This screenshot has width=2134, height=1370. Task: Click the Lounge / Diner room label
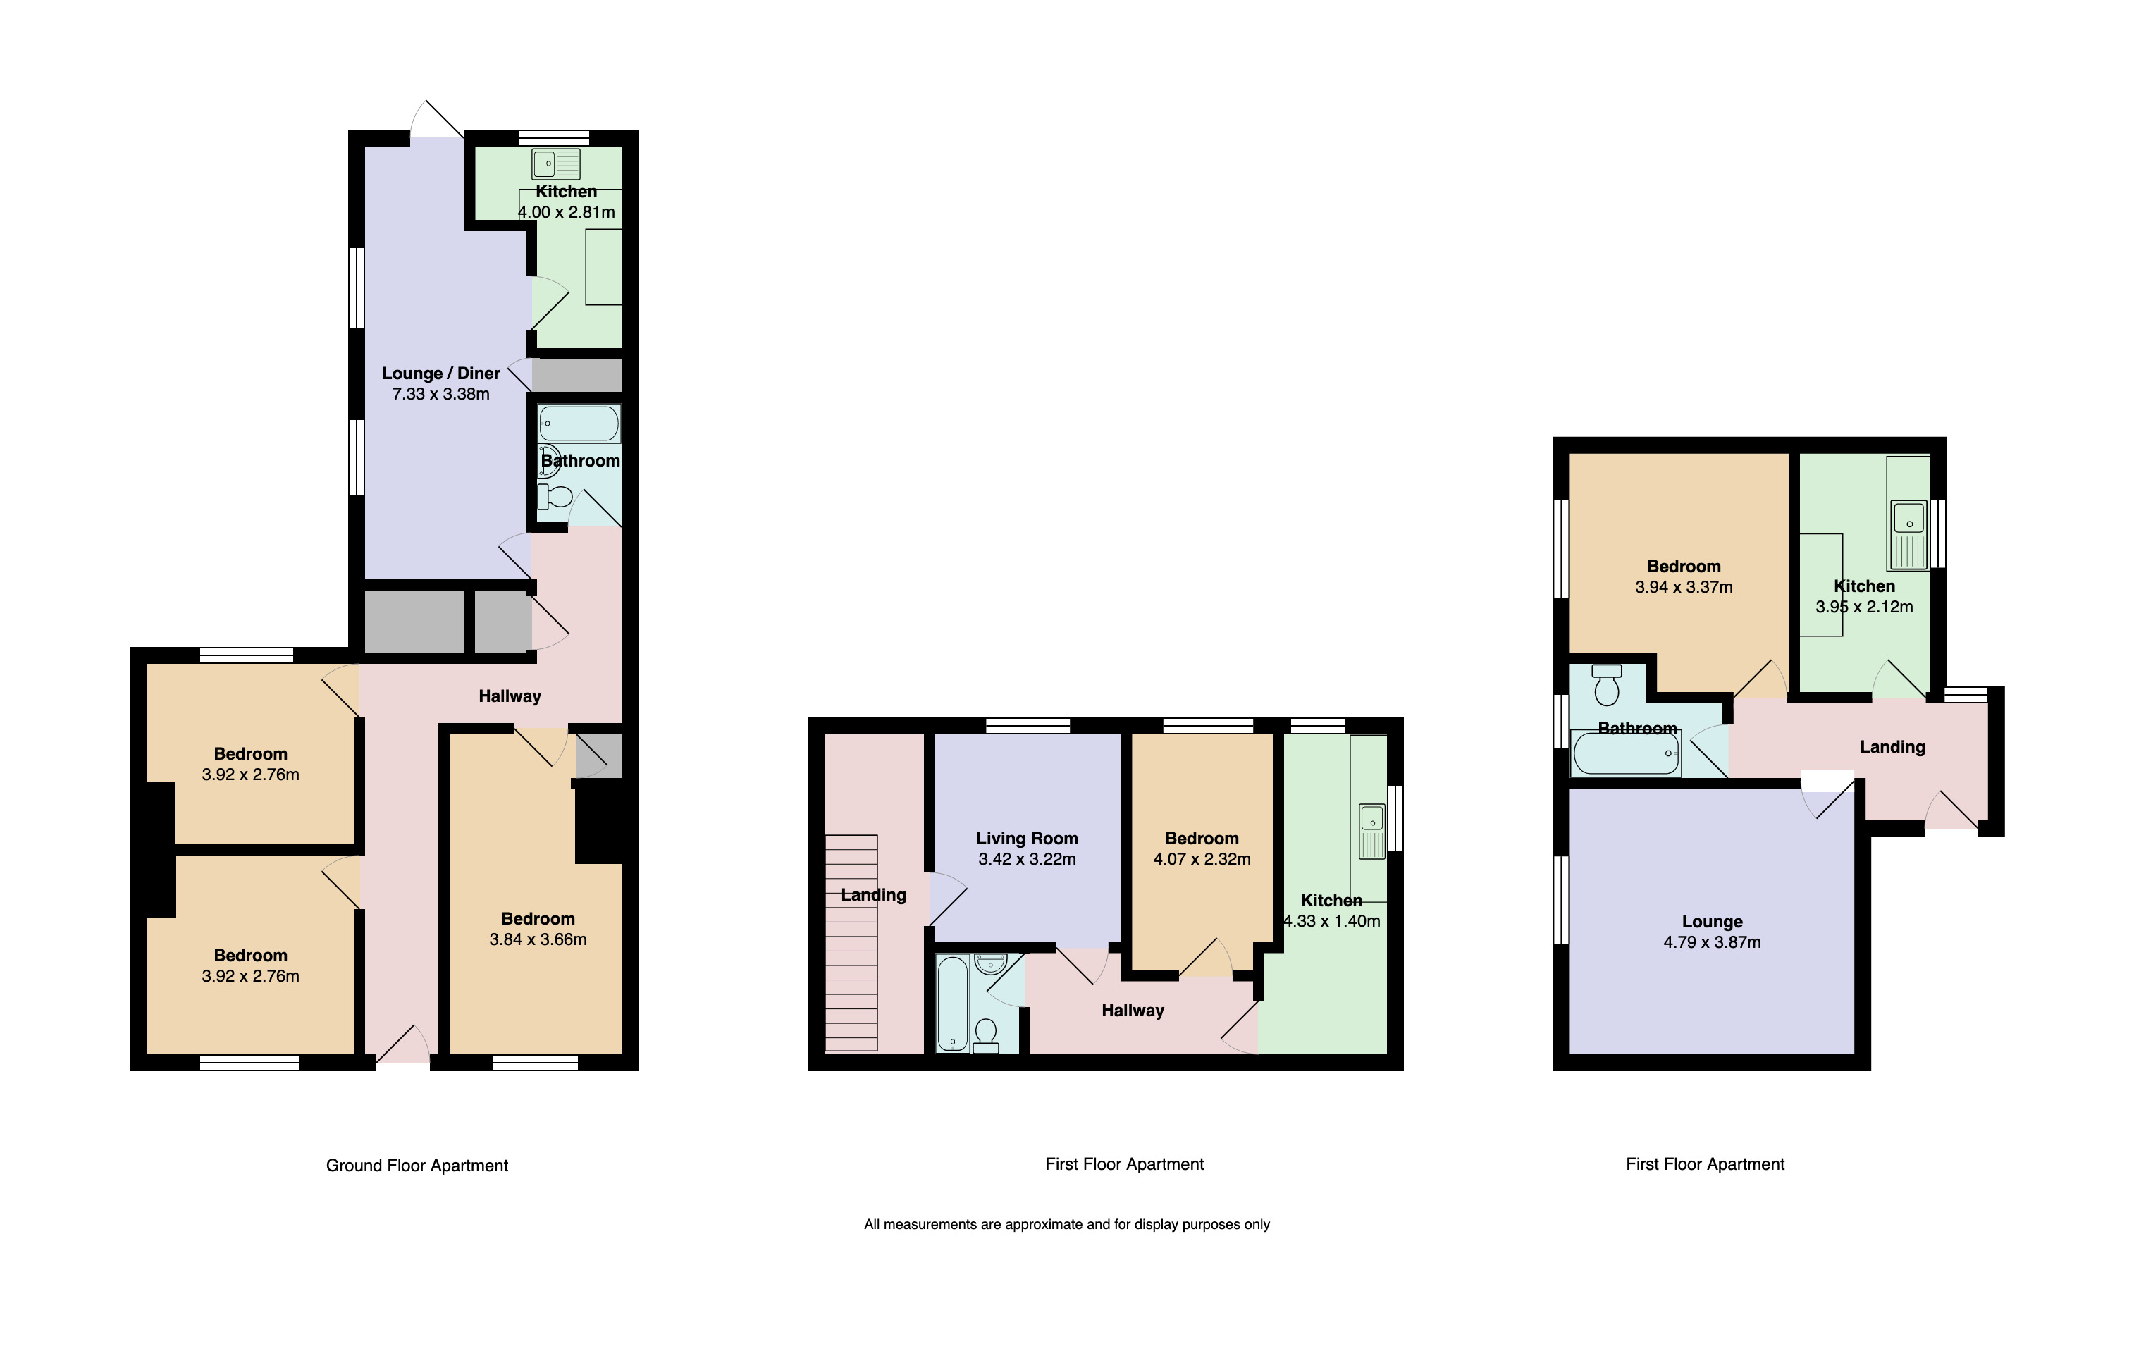440,374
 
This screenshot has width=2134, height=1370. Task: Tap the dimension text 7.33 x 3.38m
440,394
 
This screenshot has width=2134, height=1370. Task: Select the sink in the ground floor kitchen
556,163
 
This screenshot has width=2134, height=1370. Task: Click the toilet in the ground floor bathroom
555,496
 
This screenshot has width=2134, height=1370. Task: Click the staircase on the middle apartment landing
851,943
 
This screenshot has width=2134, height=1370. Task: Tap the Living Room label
1027,838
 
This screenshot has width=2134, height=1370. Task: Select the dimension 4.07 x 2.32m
1202,859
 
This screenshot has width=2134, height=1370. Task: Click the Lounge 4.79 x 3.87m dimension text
1711,942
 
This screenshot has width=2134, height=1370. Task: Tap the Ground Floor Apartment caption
417,1166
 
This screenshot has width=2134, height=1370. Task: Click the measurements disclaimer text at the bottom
1066,1224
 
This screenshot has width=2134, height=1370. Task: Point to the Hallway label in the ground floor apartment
509,696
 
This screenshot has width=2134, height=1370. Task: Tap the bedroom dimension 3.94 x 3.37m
1683,587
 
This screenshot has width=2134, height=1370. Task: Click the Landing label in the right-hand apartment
1892,747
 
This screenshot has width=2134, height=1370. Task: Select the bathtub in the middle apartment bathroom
953,1003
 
